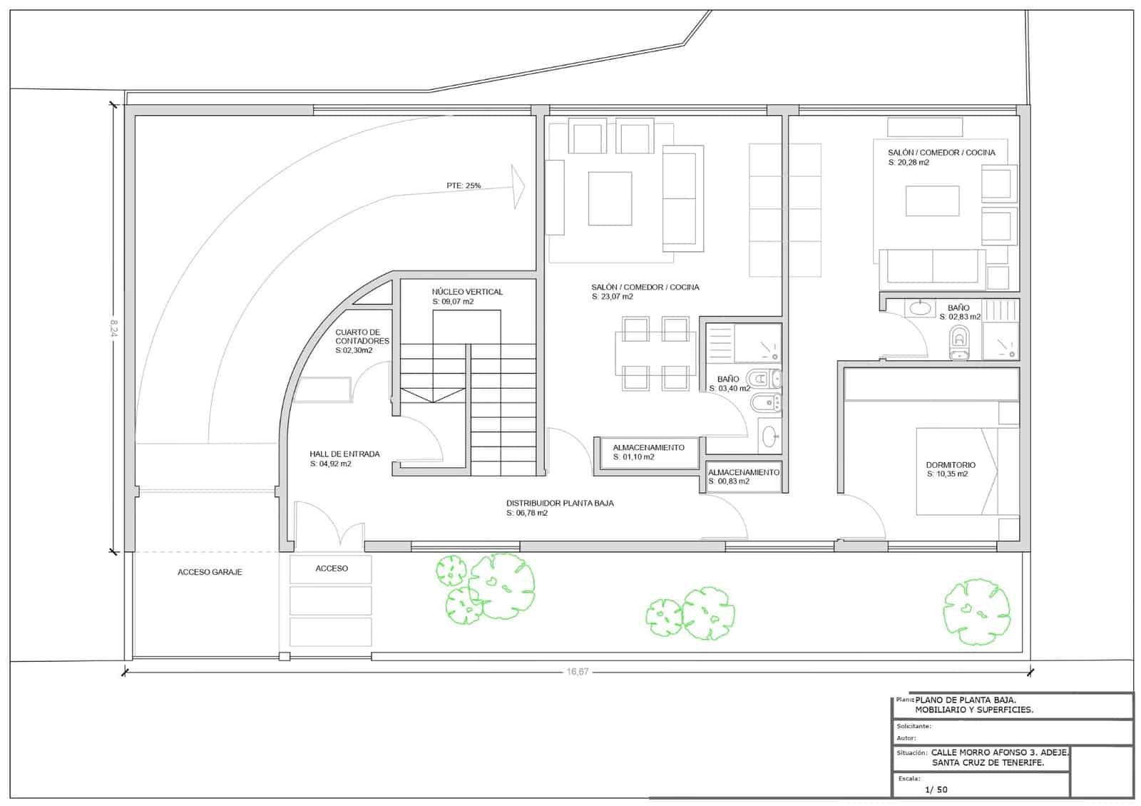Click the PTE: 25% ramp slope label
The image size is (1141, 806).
point(464,185)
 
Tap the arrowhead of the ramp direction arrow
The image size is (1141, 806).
point(518,186)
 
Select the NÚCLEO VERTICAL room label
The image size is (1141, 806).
point(467,292)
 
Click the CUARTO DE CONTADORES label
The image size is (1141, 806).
point(362,337)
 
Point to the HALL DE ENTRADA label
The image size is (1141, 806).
point(344,454)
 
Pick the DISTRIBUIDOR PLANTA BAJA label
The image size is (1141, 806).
point(560,503)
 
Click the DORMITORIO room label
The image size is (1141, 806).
point(951,465)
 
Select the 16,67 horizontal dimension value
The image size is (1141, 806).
point(578,672)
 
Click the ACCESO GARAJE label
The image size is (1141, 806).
point(210,572)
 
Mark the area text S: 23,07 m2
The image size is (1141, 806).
point(612,297)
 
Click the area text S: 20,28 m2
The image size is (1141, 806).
point(909,163)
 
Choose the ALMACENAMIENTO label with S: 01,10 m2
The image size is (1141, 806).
point(648,448)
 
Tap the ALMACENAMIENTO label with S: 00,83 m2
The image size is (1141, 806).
point(744,472)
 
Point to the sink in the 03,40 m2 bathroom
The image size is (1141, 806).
point(769,436)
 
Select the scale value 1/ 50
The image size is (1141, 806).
point(936,790)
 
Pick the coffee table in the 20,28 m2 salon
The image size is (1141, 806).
point(932,200)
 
